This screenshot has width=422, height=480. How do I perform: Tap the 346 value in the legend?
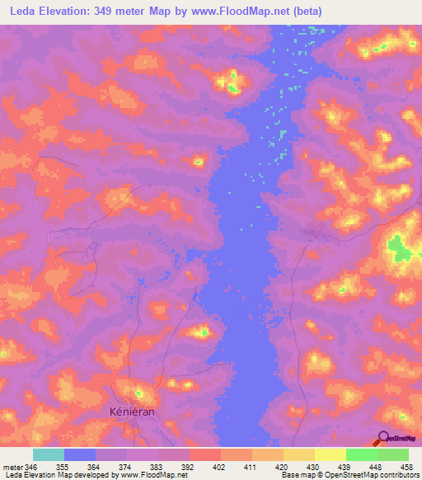31,467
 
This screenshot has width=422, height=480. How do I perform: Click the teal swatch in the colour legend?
49,454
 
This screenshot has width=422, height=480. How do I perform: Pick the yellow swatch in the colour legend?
331,454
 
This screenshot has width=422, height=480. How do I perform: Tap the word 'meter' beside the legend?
12,467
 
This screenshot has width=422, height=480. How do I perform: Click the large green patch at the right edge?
400,248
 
